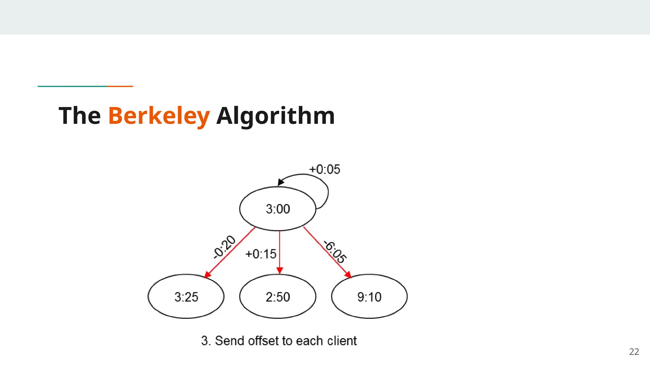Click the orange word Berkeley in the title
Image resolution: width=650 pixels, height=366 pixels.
[159, 116]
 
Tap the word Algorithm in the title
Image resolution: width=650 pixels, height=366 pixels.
[275, 116]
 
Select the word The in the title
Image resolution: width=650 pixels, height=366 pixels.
[80, 116]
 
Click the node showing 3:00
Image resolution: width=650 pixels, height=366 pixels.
[278, 209]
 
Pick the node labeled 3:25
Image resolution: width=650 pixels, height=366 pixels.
[186, 297]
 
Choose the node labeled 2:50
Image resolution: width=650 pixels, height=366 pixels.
[278, 297]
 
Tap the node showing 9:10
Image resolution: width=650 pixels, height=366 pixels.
[369, 297]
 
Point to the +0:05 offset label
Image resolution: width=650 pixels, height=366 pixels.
[324, 169]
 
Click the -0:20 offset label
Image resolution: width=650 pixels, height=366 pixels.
[224, 247]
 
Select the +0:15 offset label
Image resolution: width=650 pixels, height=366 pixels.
[261, 254]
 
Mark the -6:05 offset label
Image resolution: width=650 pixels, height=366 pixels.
[335, 252]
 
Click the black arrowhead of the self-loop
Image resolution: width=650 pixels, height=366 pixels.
[280, 182]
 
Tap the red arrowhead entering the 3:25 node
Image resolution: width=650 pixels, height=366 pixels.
[208, 274]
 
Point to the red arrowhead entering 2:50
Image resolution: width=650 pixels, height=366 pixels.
[280, 270]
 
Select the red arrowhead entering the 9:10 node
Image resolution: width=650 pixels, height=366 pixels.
[348, 275]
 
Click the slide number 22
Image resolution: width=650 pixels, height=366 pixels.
[634, 352]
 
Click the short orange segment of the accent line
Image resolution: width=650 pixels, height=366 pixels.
[120, 86]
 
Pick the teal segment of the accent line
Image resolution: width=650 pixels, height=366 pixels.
[72, 86]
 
